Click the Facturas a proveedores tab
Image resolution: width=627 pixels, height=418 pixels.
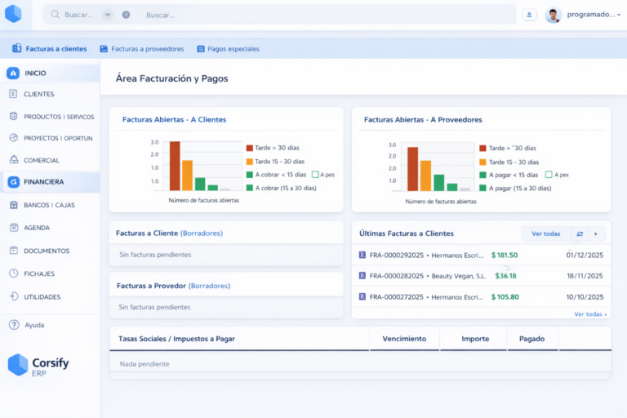point(142,49)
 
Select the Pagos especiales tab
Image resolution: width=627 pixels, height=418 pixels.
point(228,49)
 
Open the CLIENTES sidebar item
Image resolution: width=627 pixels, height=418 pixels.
point(38,94)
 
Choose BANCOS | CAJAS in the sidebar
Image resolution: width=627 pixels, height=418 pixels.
point(49,205)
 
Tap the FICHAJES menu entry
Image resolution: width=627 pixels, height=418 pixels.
point(40,273)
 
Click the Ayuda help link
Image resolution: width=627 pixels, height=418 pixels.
point(34,325)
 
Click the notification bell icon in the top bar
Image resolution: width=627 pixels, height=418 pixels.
point(529,15)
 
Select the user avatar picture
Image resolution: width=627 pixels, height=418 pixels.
point(553,15)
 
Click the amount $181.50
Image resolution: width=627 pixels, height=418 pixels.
point(505,255)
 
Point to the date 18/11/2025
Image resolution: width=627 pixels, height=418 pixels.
point(584,276)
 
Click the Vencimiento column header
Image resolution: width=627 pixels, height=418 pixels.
point(404,338)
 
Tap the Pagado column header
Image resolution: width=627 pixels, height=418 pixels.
point(532,338)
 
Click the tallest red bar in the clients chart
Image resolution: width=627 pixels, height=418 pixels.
point(175,166)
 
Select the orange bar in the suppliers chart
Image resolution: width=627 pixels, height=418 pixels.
point(425,175)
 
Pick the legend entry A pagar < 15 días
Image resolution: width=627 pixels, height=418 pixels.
point(513,175)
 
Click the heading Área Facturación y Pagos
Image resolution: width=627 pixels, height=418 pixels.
point(171,78)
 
